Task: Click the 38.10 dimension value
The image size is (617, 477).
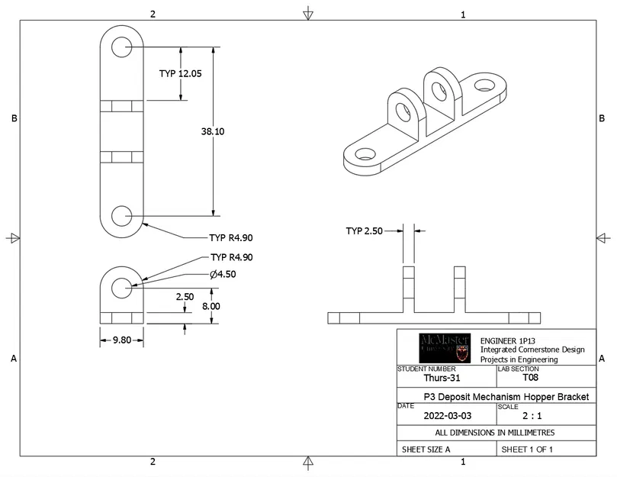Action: [213, 131]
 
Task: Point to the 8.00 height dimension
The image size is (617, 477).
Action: [210, 306]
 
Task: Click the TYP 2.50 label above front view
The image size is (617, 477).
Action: [365, 230]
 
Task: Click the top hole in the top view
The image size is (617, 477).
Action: [121, 47]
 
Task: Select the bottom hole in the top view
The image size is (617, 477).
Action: [121, 216]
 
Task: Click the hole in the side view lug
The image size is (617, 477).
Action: [121, 287]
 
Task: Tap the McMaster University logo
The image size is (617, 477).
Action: [445, 348]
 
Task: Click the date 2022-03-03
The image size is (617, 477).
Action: [445, 417]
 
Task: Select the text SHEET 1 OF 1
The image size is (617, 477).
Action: [526, 450]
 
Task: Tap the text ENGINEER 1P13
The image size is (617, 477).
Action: [507, 340]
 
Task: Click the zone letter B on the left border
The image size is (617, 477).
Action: [14, 118]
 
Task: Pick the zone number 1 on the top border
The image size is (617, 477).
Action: [463, 14]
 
